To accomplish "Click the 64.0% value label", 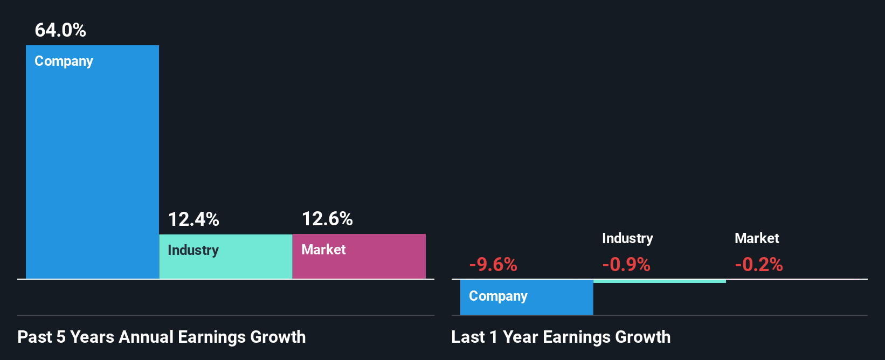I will [60, 30].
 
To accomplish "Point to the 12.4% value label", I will [193, 219].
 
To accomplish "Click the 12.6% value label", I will [327, 219].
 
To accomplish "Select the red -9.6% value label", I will [493, 265].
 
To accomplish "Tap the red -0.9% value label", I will [626, 265].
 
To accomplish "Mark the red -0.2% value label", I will [759, 265].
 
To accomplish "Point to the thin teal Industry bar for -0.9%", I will [659, 281].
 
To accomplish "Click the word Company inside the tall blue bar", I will [64, 61].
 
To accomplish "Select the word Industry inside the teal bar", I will [193, 250].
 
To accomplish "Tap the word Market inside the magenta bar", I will [323, 250].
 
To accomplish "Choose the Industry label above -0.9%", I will [627, 238].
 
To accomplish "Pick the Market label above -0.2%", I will [757, 238].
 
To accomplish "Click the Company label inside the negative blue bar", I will [498, 296].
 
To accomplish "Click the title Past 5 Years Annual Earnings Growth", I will [162, 337].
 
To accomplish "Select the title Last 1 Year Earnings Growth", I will [561, 337].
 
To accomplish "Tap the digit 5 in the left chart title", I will [61, 337].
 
